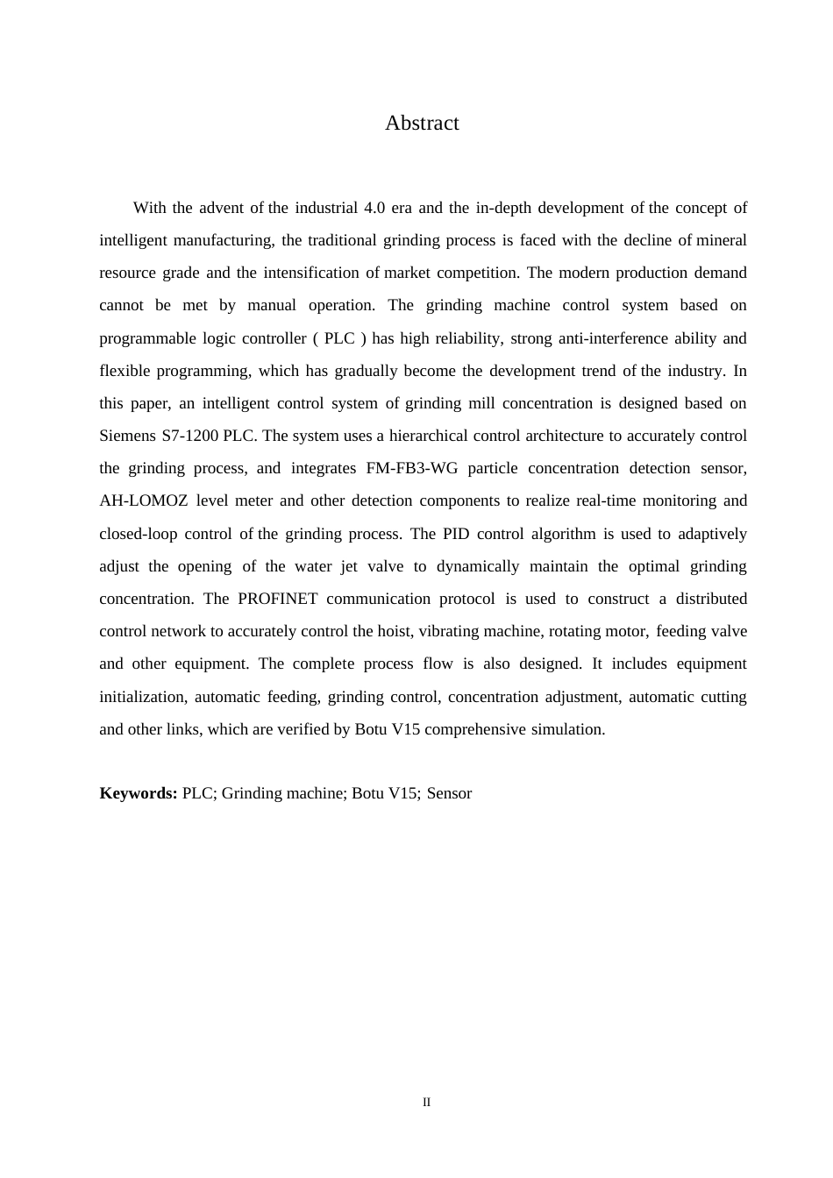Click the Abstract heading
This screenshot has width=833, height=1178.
(422, 124)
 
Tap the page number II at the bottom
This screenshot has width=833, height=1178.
(427, 1103)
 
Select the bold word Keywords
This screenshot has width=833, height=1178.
(139, 793)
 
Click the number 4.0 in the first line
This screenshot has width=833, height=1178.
(373, 208)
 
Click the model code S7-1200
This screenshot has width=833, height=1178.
(190, 436)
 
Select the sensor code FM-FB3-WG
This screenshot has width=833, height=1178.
(411, 468)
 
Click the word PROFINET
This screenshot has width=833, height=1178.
(277, 599)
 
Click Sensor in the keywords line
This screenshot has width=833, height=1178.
(449, 793)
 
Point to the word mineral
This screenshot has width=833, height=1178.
(722, 240)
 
